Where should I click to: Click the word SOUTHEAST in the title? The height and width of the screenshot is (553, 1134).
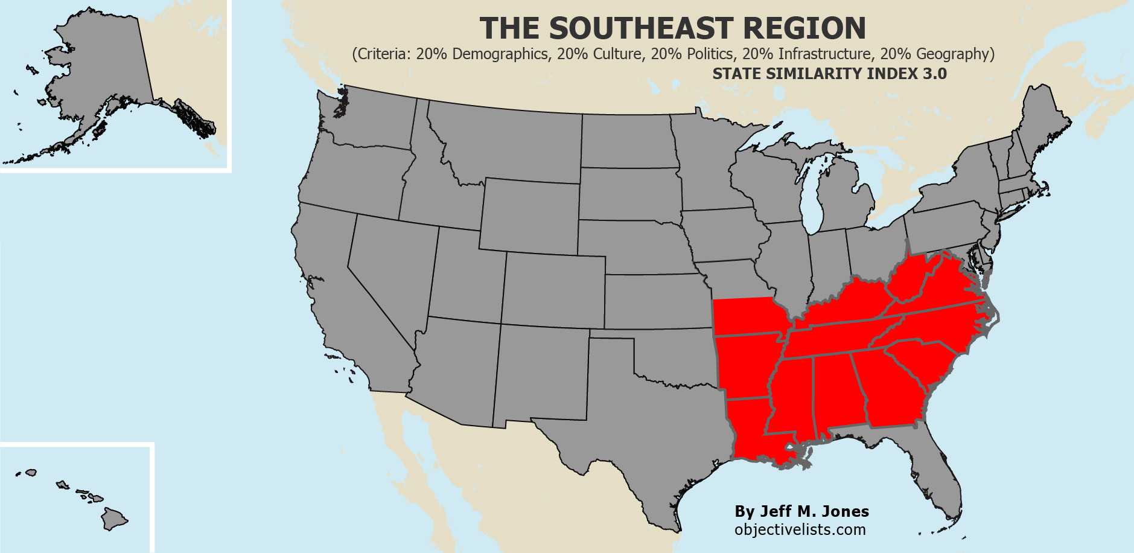[x=641, y=28]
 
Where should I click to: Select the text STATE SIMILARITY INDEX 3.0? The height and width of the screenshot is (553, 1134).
[x=829, y=74]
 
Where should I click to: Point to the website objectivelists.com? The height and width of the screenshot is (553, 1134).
[x=800, y=530]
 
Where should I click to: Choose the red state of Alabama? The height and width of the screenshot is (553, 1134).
[x=836, y=392]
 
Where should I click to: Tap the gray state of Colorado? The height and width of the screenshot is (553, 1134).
[x=553, y=290]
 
